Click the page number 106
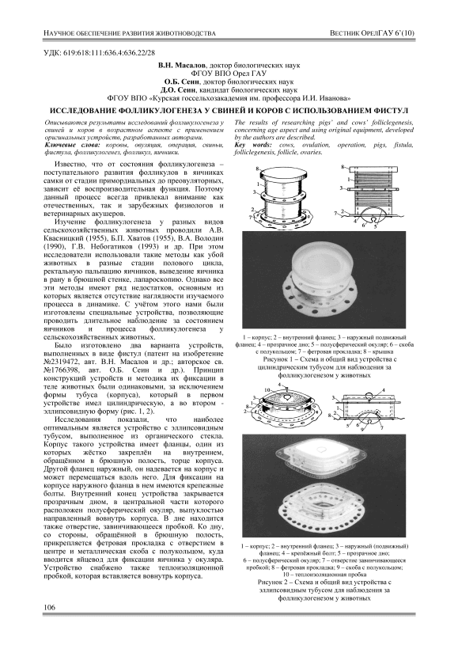(49, 607)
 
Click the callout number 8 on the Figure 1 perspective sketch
(257, 169)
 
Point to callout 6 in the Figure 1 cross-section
(363, 226)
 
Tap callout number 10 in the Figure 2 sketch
(267, 390)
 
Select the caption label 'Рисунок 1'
(277, 359)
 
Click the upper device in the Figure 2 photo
(323, 456)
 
